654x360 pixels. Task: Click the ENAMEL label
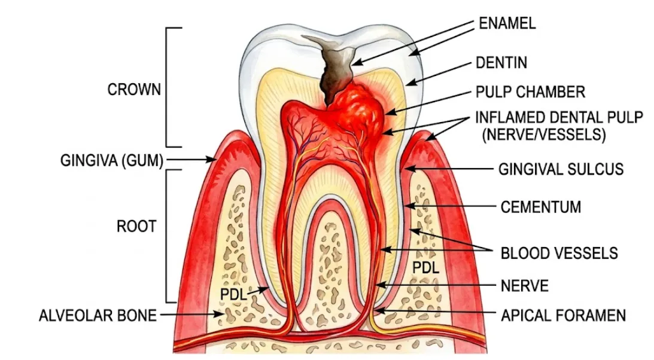(x=507, y=23)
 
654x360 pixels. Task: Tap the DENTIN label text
(x=501, y=63)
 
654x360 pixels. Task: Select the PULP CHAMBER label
(x=530, y=91)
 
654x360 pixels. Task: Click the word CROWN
(x=134, y=90)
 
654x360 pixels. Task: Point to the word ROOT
(x=136, y=226)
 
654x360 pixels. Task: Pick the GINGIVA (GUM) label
(x=112, y=160)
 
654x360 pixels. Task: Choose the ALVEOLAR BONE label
(x=98, y=315)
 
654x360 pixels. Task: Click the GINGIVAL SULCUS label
(x=561, y=169)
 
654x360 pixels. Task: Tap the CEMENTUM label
(x=540, y=207)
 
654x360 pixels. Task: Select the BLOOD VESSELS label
(x=559, y=253)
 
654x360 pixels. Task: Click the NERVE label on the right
(x=524, y=286)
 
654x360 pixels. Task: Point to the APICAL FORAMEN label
(x=563, y=315)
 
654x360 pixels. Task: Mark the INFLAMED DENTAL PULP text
(x=559, y=117)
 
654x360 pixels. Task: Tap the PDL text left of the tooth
(x=233, y=294)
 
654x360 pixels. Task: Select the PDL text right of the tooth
(x=425, y=267)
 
